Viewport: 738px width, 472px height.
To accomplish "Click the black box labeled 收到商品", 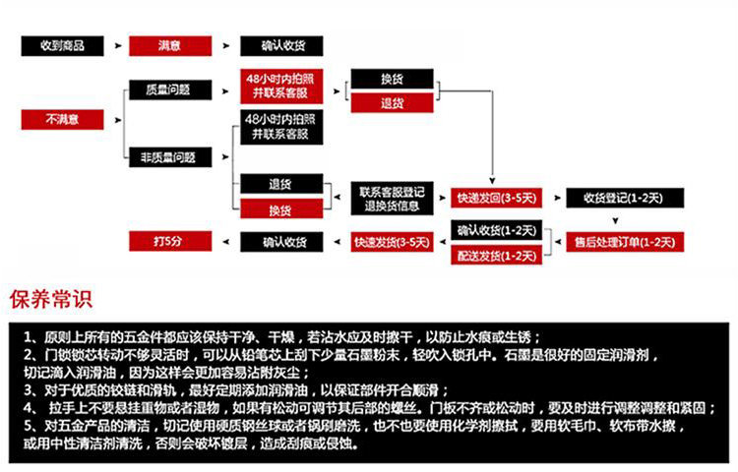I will coord(62,46).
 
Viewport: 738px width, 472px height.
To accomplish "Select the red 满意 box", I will coord(169,46).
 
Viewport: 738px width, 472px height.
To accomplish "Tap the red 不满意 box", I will coord(62,120).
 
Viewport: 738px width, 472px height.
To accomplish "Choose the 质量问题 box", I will coord(169,89).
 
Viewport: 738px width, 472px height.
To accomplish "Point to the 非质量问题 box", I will coord(169,155).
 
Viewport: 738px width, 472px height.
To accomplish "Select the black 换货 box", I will coord(392,80).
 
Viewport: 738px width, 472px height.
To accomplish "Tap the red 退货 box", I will coord(392,102).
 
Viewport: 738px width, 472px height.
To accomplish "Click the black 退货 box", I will coord(281,184).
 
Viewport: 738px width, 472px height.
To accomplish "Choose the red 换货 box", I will coord(281,209).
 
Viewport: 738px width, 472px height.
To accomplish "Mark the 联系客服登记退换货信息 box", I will coord(392,198).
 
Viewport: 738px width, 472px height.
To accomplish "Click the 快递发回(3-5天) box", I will coord(496,198).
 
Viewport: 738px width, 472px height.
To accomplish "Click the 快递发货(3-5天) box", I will coord(392,241).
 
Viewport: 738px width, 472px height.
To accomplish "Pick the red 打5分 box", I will coord(169,241).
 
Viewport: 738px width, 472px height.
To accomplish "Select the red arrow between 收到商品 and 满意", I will coord(116,46).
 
